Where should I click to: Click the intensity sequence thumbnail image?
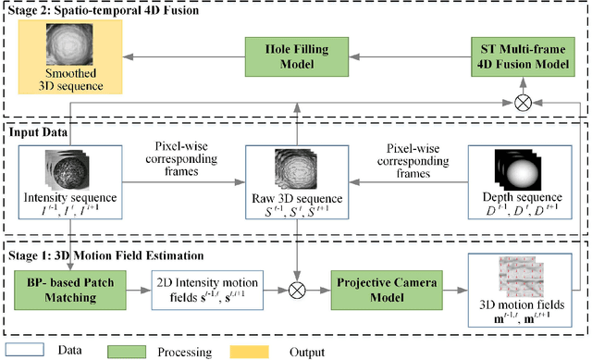[x=55, y=174]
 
